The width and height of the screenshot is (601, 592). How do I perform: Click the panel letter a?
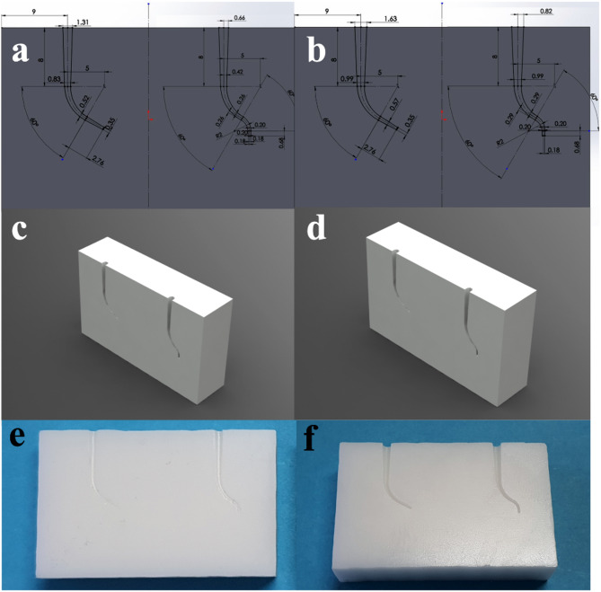tap(20, 51)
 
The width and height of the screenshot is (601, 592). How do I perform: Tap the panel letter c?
tap(20, 232)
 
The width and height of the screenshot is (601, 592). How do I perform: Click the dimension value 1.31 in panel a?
tap(84, 22)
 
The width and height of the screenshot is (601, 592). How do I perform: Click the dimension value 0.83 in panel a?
tap(55, 80)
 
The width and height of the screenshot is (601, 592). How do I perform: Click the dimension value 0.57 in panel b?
tap(393, 105)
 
